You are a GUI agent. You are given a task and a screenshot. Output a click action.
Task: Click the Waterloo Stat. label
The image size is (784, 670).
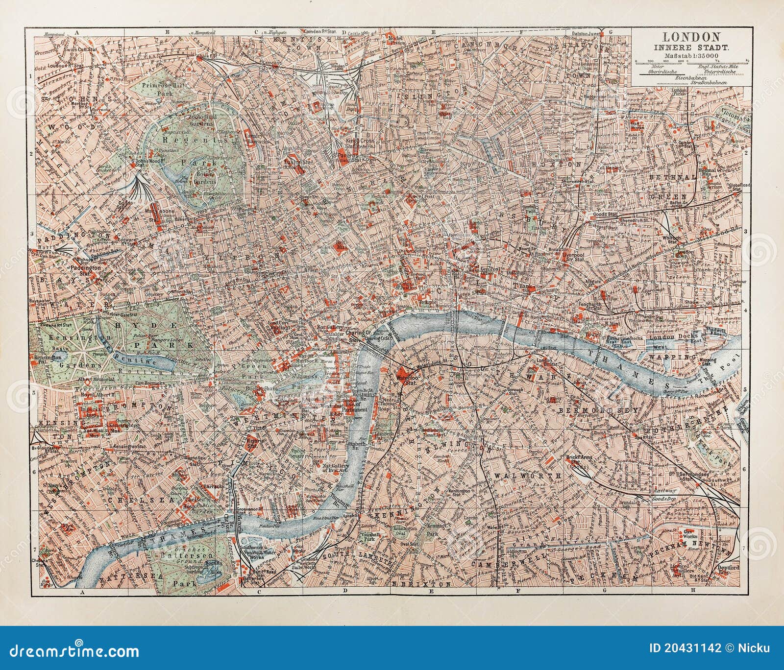406,379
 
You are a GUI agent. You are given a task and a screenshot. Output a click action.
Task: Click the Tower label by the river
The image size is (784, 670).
593,335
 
